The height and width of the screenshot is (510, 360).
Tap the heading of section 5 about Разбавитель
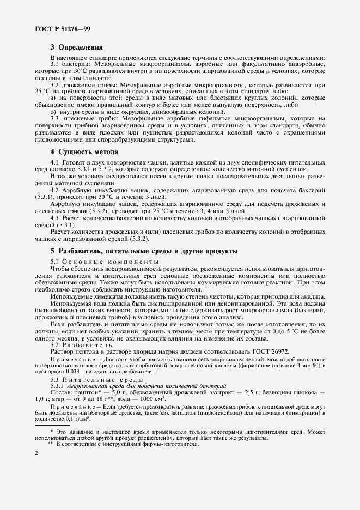pyautogui.click(x=144, y=251)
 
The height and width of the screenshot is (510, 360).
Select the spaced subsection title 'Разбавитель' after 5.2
pyautogui.click(x=87, y=345)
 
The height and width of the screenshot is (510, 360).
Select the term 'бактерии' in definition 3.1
pyautogui.click(x=78, y=65)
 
